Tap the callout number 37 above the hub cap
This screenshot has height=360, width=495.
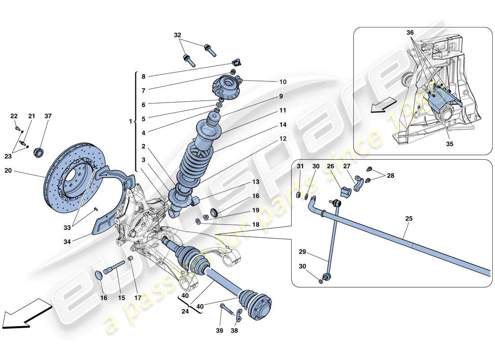coord(48,116)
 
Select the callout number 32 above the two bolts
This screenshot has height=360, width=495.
coord(177,35)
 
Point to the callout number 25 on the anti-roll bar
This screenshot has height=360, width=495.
coord(409,219)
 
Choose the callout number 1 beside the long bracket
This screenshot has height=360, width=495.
coord(130,122)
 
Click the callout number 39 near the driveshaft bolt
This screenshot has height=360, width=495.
coord(220,331)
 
